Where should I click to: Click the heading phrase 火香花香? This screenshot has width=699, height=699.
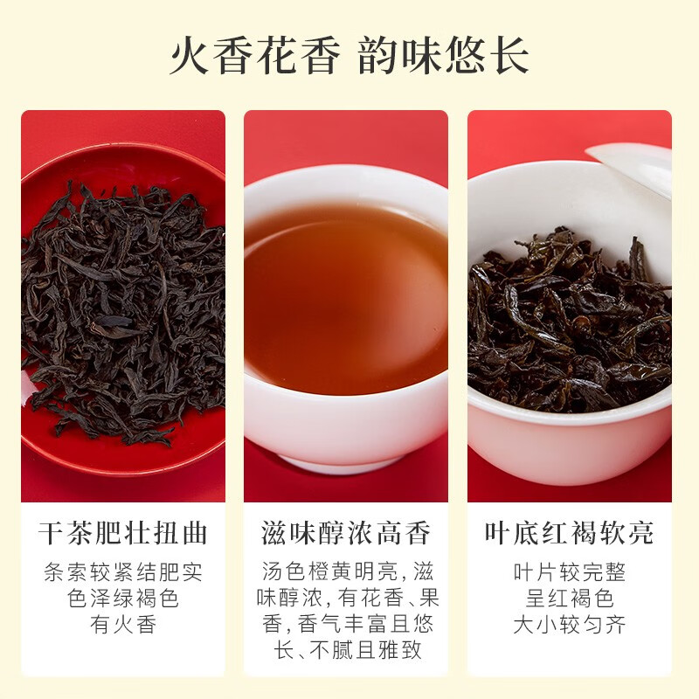253,55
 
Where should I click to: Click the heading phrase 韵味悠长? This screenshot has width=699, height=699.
444,55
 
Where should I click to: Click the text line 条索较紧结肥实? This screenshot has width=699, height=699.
123,573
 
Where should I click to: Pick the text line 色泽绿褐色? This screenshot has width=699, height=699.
123,599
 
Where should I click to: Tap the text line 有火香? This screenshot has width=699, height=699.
123,626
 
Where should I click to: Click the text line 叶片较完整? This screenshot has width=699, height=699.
569,573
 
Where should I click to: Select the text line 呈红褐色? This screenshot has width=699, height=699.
569,599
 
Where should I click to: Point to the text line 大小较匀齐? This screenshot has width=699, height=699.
569,626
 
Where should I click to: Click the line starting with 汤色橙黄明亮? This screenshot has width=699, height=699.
346,573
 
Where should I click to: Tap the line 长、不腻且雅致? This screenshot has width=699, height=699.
346,652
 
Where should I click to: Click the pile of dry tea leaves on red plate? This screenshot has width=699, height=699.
122,306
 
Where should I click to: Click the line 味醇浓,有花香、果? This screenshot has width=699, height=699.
346,599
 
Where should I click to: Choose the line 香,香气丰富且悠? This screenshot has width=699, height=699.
346,626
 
